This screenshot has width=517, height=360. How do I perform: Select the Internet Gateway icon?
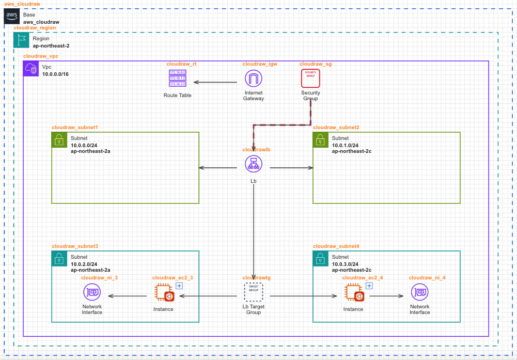point(253,79)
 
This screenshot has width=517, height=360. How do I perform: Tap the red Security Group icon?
point(310,79)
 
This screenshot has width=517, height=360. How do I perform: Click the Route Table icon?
point(177,79)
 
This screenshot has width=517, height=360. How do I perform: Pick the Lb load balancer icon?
point(253,164)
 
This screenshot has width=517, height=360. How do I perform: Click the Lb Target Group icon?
point(253,292)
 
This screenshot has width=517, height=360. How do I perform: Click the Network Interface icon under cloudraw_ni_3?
point(92,292)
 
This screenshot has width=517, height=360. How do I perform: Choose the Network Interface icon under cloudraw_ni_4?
point(419,292)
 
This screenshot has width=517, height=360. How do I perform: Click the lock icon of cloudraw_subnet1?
point(59,139)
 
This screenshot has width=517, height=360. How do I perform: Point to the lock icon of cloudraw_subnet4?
point(320,258)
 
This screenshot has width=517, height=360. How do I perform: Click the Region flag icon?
point(21,41)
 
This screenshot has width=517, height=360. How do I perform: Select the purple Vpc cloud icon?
point(30,68)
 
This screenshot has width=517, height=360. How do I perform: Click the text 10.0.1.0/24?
point(346,145)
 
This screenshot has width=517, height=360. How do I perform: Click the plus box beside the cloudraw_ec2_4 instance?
point(370,286)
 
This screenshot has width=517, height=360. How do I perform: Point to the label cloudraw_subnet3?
point(74,246)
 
